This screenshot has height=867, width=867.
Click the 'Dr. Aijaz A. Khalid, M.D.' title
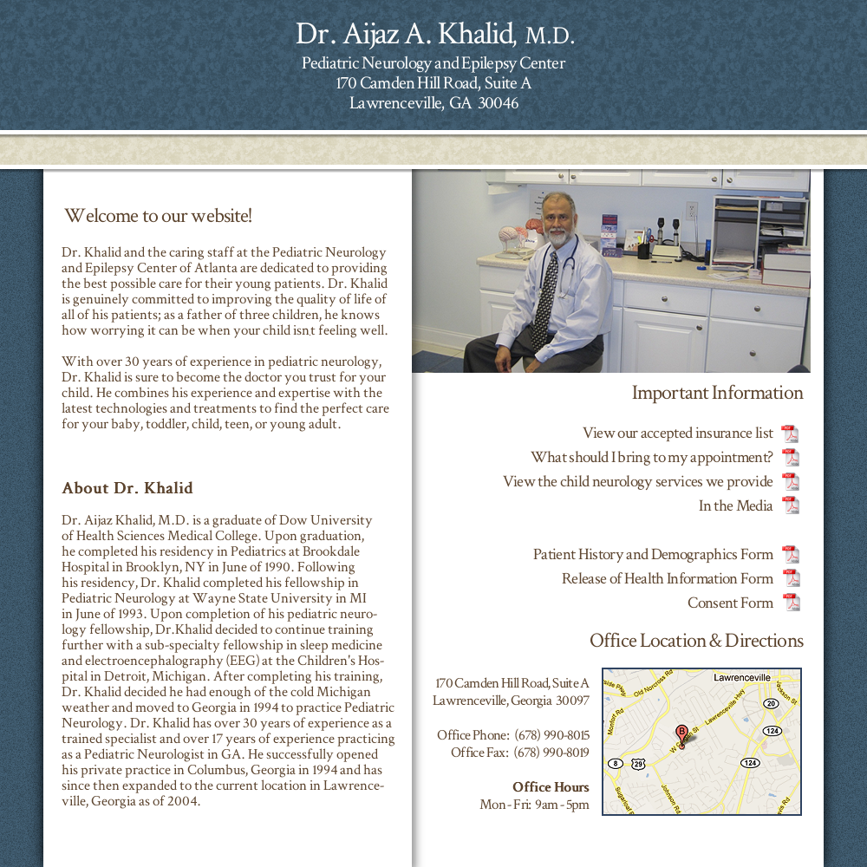pos(434,35)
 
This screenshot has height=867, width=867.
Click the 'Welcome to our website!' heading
pos(158,216)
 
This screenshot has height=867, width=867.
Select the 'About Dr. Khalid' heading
pos(127,488)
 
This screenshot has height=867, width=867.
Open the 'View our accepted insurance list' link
pos(677,433)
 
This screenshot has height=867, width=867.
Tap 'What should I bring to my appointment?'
pos(651,458)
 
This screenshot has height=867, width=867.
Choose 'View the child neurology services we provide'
pos(637,482)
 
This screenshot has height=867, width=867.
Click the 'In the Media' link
pos(735,506)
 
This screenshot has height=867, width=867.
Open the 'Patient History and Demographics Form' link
pos(653,555)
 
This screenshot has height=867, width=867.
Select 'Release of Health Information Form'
pos(667,579)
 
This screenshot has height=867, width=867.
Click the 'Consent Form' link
pos(730,603)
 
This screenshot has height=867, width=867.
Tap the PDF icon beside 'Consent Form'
pos(790,603)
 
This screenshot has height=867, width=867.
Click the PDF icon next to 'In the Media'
pos(790,505)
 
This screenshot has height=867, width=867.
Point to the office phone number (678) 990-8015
pos(551,735)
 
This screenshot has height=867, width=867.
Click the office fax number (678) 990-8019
pos(551,753)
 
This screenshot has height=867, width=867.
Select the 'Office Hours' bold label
pos(551,787)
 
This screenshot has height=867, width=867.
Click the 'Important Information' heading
pos(717,393)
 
